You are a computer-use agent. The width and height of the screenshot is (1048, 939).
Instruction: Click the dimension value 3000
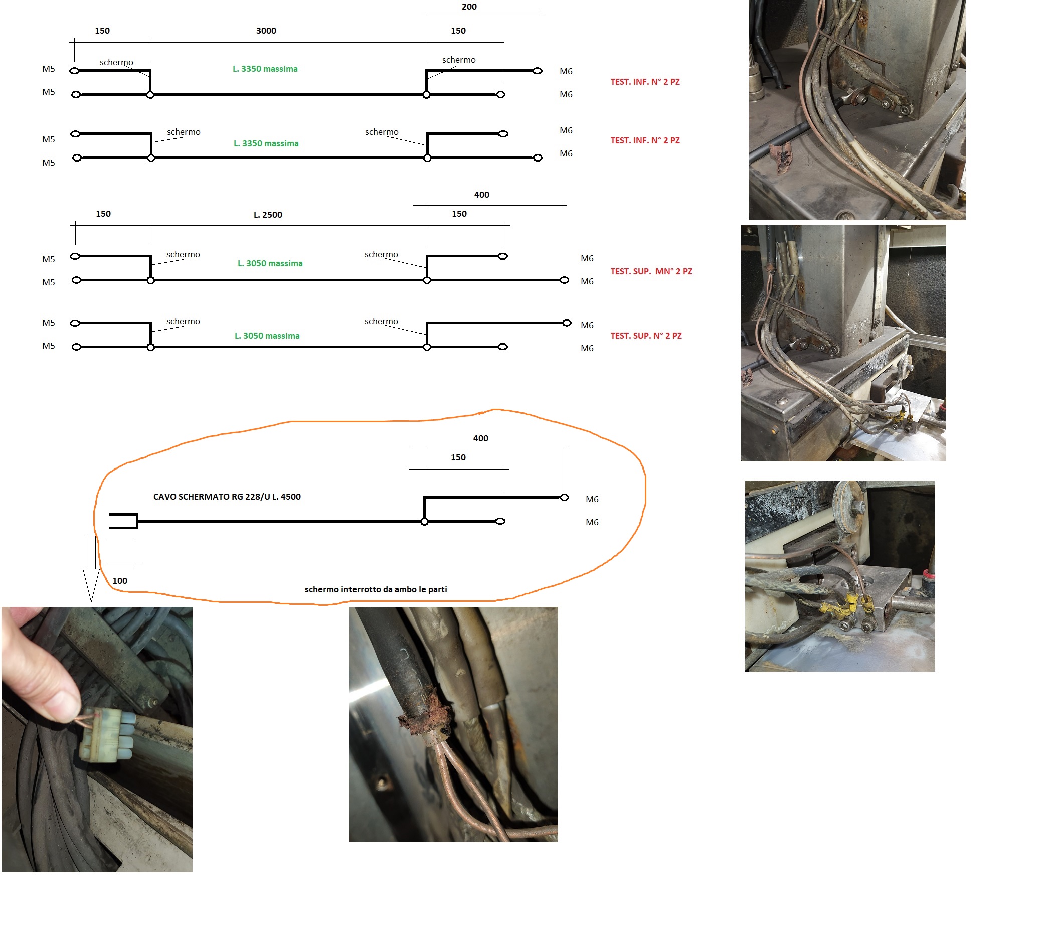click(x=266, y=31)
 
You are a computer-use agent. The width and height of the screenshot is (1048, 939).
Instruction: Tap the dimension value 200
click(x=469, y=7)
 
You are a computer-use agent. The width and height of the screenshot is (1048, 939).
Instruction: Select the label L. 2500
click(x=268, y=215)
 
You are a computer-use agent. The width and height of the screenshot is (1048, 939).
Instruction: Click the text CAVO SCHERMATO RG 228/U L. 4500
click(x=227, y=496)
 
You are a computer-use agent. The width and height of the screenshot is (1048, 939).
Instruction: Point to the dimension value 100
click(x=120, y=580)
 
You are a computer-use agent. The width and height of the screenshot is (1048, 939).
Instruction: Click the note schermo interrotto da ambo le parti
click(x=376, y=589)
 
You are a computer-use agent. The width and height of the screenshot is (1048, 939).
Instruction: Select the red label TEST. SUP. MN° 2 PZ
click(x=651, y=271)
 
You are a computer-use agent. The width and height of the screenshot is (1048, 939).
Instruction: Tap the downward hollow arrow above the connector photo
click(x=91, y=567)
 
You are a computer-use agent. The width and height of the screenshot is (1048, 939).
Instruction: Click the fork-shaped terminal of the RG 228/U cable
click(x=124, y=521)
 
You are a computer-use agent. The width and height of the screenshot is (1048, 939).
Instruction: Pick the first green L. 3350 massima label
click(x=265, y=69)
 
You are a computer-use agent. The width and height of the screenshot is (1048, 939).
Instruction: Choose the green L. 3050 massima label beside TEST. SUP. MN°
click(x=270, y=263)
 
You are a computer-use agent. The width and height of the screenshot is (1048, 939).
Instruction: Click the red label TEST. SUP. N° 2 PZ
click(x=646, y=336)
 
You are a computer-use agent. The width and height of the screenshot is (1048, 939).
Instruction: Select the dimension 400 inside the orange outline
click(x=480, y=438)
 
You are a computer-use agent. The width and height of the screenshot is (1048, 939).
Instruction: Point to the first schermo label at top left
click(x=116, y=62)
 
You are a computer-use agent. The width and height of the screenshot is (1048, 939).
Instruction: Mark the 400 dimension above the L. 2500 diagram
click(x=481, y=195)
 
